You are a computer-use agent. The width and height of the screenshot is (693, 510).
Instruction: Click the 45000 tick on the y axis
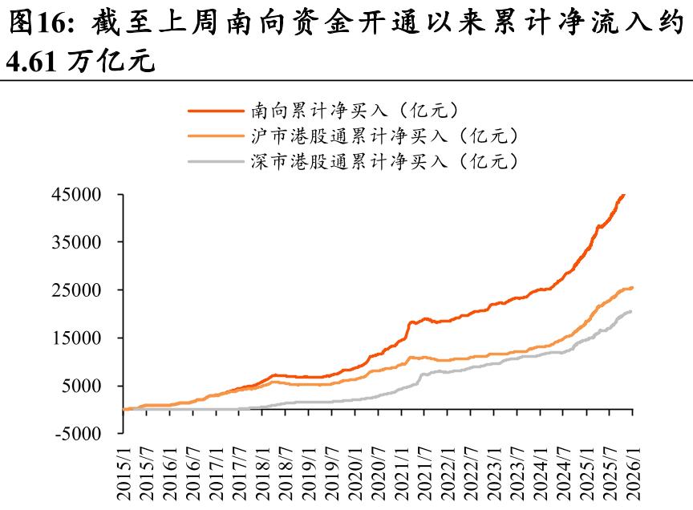pyautogui.click(x=77, y=194)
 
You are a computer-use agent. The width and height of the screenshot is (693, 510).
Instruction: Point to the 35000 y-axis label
pyautogui.click(x=77, y=242)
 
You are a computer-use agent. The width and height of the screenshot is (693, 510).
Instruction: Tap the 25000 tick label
pyautogui.click(x=77, y=290)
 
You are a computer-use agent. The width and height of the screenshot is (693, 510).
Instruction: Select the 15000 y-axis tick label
pyautogui.click(x=77, y=338)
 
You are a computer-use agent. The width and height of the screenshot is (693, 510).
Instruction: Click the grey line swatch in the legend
pyautogui.click(x=216, y=162)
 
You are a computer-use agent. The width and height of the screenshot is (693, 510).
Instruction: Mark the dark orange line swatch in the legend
pyautogui.click(x=216, y=109)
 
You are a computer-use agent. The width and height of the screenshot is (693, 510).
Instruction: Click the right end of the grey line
pyautogui.click(x=630, y=311)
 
